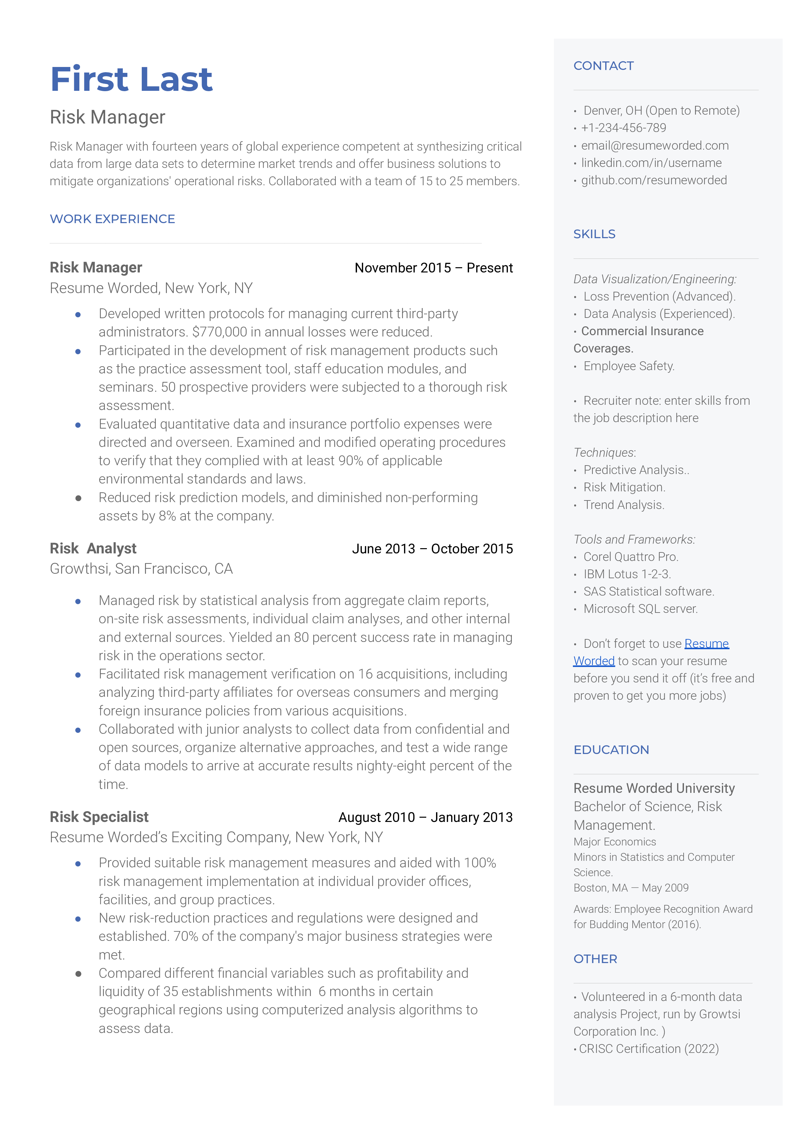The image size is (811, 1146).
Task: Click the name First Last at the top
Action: pos(131,79)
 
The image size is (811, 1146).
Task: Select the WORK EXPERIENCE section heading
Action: pos(112,219)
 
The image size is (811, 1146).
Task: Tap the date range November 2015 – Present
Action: pos(433,268)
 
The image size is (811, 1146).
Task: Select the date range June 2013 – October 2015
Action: pos(432,549)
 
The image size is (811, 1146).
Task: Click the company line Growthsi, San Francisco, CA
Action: pos(141,569)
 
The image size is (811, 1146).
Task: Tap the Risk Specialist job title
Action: pos(99,817)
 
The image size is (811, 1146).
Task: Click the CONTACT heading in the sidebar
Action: pos(603,66)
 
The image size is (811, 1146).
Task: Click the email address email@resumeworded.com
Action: pos(654,145)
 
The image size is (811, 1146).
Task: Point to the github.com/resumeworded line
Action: pos(653,180)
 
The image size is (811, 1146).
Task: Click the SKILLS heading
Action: pos(594,234)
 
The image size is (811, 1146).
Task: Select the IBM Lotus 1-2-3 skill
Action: pos(627,574)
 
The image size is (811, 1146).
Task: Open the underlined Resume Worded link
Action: pos(706,644)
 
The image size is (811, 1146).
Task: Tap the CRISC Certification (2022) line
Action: pos(648,1049)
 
